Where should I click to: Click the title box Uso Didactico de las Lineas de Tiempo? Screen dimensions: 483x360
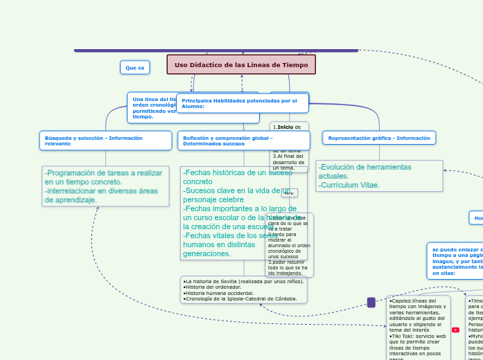point(241,64)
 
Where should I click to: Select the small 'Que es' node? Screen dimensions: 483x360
point(135,67)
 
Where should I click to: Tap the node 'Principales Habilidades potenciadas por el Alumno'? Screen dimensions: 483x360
point(242,103)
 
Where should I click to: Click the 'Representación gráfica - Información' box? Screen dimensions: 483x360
point(379,138)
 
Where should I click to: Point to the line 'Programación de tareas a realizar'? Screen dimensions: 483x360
point(104,173)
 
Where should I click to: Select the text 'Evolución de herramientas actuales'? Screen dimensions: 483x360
point(365,171)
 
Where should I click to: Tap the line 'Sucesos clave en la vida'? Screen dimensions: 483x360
point(236,190)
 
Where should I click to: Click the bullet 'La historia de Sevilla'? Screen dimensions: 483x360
point(243,281)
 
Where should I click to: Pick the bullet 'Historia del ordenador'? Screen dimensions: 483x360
point(211,287)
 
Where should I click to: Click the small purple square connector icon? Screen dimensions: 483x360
point(371,303)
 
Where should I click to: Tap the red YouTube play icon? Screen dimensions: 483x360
point(455,330)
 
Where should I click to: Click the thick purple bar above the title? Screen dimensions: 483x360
point(216,50)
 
